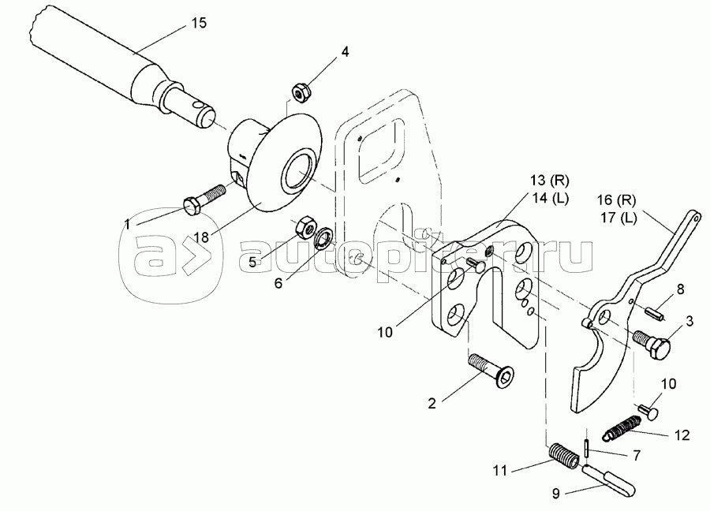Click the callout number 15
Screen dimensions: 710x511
point(198,23)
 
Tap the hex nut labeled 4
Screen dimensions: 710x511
point(301,92)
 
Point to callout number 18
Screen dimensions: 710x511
point(202,237)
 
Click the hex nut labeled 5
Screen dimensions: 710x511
point(305,226)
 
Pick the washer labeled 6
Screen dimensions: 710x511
point(323,235)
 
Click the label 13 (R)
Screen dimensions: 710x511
point(550,181)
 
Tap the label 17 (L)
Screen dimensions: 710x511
point(618,218)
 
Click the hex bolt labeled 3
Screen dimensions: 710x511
point(652,344)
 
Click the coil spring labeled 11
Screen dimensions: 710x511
point(563,457)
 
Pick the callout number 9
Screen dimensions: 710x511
point(556,493)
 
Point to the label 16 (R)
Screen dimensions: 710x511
point(616,200)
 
